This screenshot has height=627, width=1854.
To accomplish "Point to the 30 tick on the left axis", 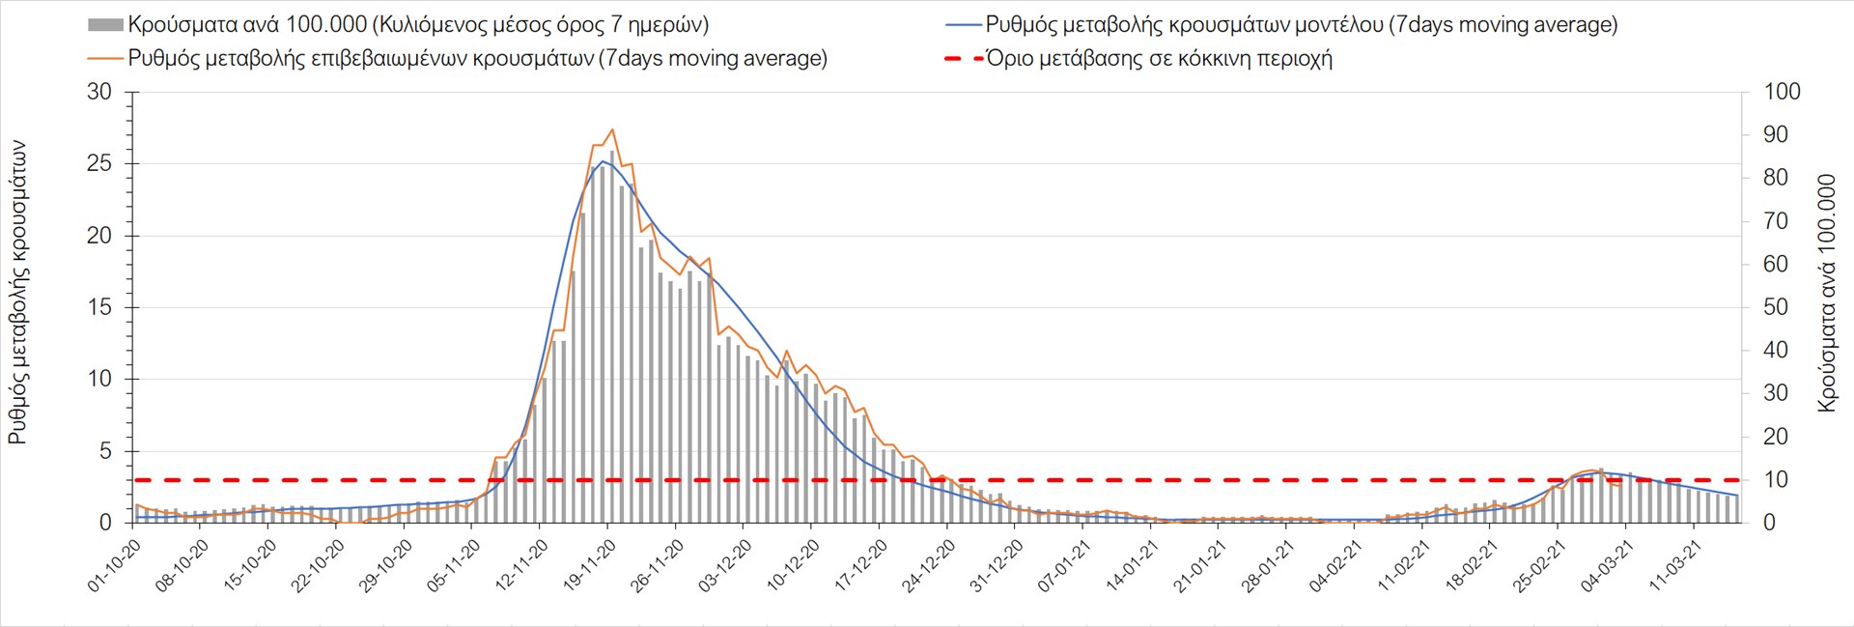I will (x=99, y=92).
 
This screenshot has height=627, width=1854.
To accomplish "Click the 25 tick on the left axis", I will (x=99, y=163).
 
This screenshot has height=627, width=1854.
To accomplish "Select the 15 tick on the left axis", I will (x=99, y=307).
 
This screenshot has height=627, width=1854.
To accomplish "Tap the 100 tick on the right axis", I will (x=1782, y=92).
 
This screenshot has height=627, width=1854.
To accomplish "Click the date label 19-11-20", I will (x=590, y=566).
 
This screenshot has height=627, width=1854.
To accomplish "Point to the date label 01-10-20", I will (x=115, y=566).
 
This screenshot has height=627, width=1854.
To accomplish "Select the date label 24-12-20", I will (x=930, y=566).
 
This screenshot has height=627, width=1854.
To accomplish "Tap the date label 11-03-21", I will (x=1676, y=566).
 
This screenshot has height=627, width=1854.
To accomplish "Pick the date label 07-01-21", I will (x=1065, y=566).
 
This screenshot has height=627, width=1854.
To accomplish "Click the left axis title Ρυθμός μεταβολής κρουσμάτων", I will (x=17, y=292).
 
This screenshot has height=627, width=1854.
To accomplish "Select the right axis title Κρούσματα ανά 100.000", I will (x=1826, y=292).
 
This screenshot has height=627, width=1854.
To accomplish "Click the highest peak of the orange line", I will (x=612, y=129).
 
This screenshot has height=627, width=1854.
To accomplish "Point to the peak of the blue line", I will (x=603, y=161).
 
